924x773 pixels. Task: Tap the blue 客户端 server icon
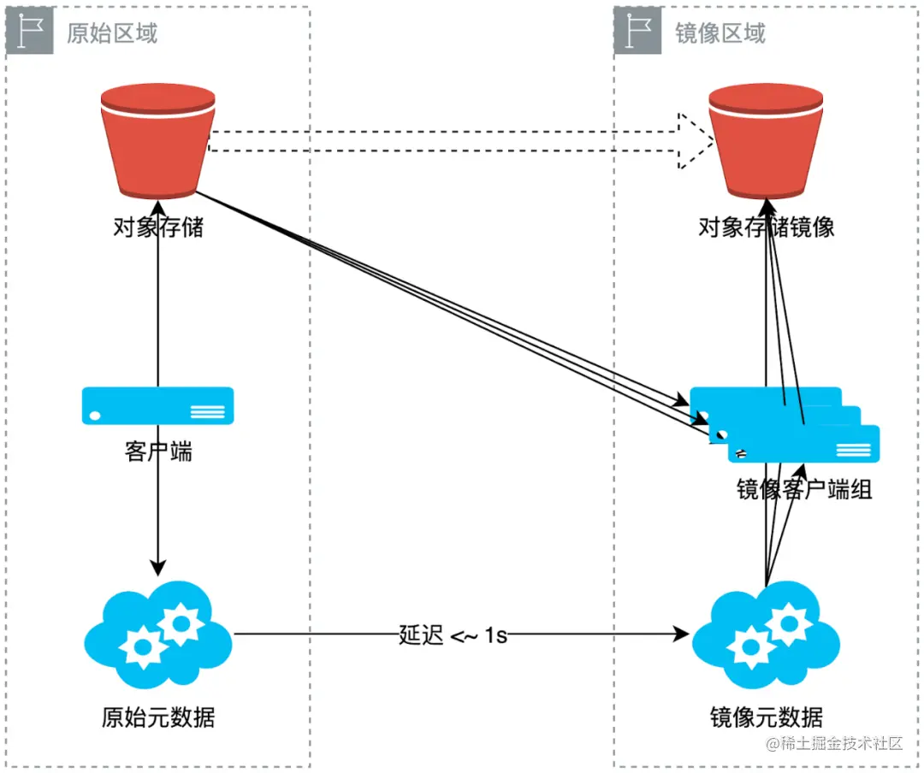click(158, 405)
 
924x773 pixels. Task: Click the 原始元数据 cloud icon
click(158, 635)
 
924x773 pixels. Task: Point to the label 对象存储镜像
click(767, 227)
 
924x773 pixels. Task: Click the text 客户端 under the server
click(158, 451)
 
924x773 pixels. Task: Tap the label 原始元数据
click(158, 717)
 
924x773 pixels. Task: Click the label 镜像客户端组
click(804, 489)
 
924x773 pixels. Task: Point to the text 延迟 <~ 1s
click(453, 635)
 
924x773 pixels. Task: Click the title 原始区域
click(112, 33)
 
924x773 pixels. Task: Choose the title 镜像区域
click(720, 33)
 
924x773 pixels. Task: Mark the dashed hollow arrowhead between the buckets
click(695, 141)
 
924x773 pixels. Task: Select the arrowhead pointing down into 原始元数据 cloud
click(158, 568)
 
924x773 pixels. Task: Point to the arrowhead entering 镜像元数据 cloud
click(682, 634)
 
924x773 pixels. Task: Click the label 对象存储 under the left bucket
click(158, 227)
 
